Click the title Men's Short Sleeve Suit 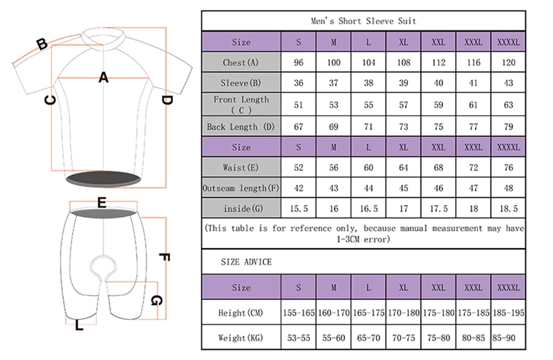(363, 21)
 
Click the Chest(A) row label (241, 62)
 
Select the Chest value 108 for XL (403, 62)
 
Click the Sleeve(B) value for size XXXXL (508, 83)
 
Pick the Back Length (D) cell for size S (298, 126)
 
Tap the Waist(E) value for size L (368, 167)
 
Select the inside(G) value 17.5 (439, 208)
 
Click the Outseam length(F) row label (241, 188)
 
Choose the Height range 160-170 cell (333, 313)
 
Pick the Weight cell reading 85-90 (508, 338)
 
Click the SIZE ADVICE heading (246, 261)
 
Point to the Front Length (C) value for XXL (439, 105)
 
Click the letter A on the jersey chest (104, 78)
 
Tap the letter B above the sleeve (42, 45)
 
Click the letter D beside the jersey (166, 100)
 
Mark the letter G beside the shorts (156, 301)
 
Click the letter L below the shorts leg (79, 326)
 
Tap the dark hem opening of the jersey (104, 178)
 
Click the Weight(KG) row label (241, 338)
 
